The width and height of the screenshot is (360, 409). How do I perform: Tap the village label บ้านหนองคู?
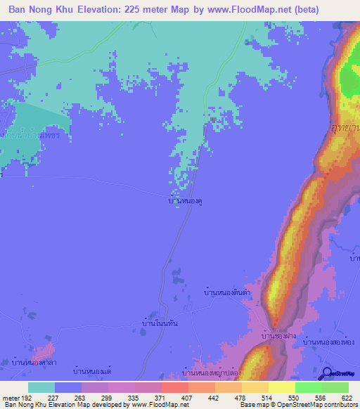[x=186, y=200]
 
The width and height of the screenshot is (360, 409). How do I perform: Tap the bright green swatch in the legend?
[x=309, y=387]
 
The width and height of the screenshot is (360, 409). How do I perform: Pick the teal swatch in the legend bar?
[x=41, y=387]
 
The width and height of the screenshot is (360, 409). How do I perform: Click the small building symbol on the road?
[x=212, y=119]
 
